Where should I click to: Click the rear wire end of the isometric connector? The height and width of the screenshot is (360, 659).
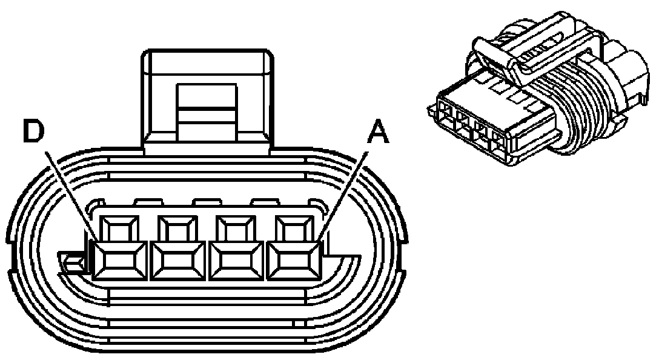point(630,79)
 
